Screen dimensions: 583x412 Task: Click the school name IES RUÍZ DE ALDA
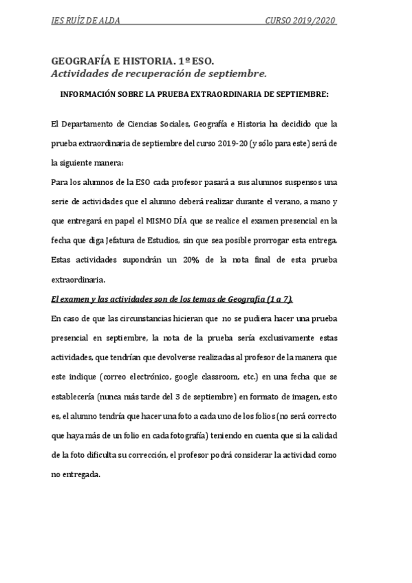pyautogui.click(x=86, y=21)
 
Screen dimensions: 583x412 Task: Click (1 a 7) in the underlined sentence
pyautogui.click(x=279, y=299)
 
